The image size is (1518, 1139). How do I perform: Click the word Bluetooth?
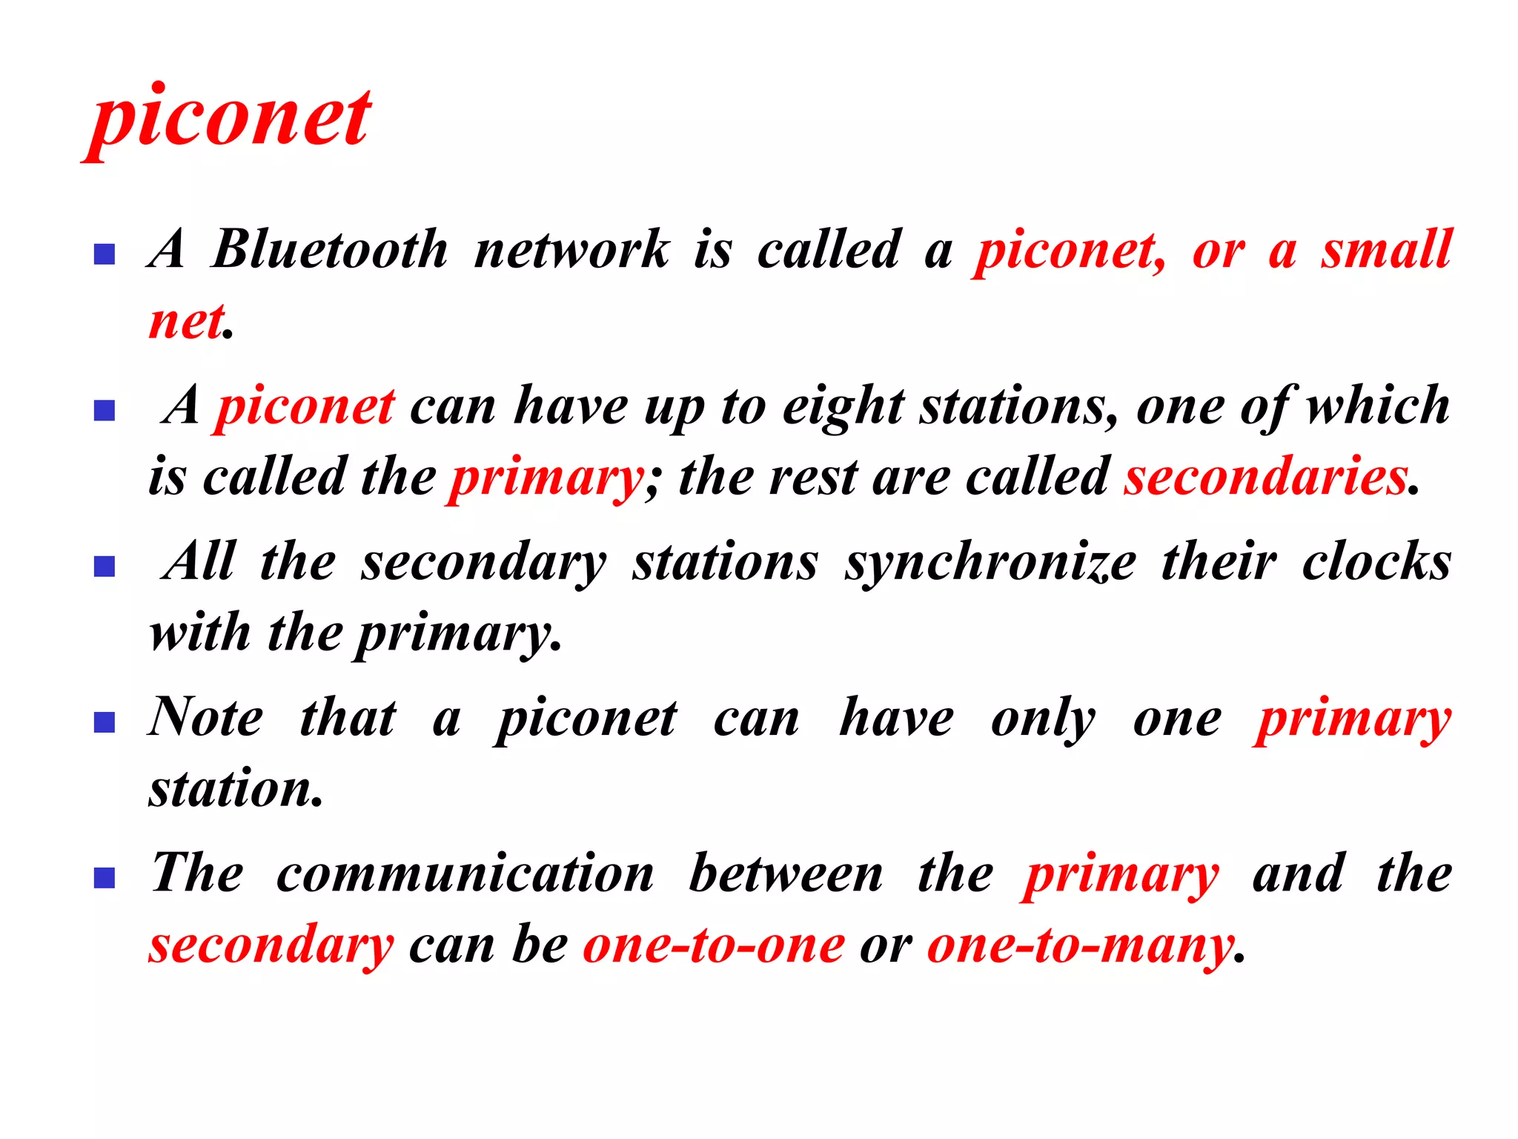pos(330,249)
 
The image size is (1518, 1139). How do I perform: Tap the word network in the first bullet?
pos(571,249)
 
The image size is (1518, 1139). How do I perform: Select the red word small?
pos(1386,249)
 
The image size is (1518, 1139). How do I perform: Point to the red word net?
pos(186,322)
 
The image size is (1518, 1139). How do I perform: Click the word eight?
pos(843,406)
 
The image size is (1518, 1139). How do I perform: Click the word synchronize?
pos(990,562)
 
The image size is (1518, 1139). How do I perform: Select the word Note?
pos(206,718)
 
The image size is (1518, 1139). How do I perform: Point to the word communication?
pos(465,874)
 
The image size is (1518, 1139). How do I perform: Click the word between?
pos(786,874)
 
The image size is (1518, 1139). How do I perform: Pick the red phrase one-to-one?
pos(714,945)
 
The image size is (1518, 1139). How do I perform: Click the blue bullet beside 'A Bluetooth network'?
pos(105,254)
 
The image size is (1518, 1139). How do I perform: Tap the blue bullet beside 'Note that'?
pos(105,722)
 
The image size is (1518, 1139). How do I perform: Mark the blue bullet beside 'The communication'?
pos(105,878)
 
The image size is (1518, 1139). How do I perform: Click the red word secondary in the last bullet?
pos(271,945)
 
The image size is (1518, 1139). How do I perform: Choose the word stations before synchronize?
pos(725,562)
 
